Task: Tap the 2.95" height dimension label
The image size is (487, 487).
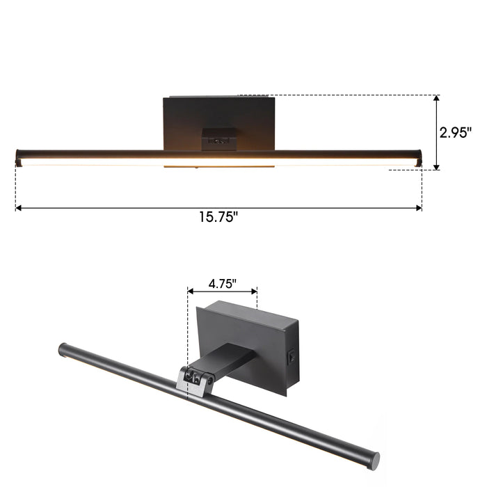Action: pyautogui.click(x=456, y=132)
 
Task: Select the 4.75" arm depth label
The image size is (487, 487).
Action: pyautogui.click(x=222, y=283)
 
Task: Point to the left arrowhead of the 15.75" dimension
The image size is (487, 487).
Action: pyautogui.click(x=19, y=207)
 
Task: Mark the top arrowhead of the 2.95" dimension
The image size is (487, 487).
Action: pyautogui.click(x=436, y=99)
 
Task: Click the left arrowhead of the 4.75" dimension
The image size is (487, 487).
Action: pyautogui.click(x=190, y=291)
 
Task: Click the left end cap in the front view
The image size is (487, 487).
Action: pyautogui.click(x=19, y=157)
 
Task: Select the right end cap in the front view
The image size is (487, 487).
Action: pyautogui.click(x=419, y=157)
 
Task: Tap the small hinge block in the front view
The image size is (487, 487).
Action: pyautogui.click(x=218, y=139)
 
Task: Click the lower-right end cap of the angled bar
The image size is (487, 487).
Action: pyautogui.click(x=374, y=440)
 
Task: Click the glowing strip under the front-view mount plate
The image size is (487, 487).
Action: pyautogui.click(x=218, y=167)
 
